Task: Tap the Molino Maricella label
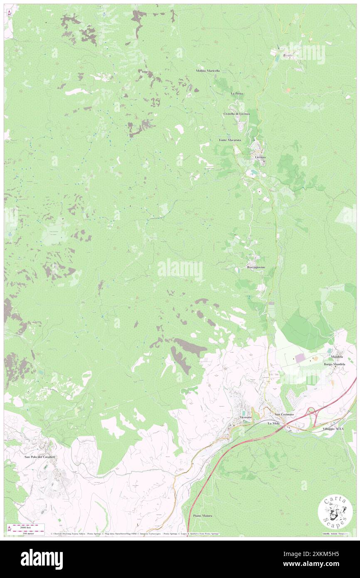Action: (208, 71)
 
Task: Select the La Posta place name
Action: (237, 94)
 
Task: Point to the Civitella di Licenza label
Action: (237, 114)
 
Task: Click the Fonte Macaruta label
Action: (230, 140)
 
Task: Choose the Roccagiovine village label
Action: (256, 267)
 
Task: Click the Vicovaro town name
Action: (246, 417)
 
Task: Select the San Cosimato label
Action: (284, 415)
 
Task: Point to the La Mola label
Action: (274, 423)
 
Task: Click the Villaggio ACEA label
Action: (333, 428)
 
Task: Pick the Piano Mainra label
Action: (202, 516)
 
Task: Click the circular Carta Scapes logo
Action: (335, 511)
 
